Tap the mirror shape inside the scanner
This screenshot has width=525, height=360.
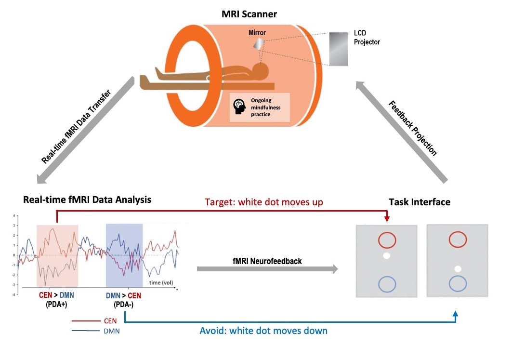click(259, 44)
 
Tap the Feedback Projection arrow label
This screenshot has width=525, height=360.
click(412, 128)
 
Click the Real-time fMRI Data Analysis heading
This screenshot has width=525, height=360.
click(87, 200)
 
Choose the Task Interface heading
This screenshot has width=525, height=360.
click(420, 202)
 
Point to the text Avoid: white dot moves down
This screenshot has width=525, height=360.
click(263, 331)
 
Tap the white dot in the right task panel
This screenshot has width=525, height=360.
click(458, 269)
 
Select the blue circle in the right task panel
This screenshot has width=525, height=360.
click(458, 283)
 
